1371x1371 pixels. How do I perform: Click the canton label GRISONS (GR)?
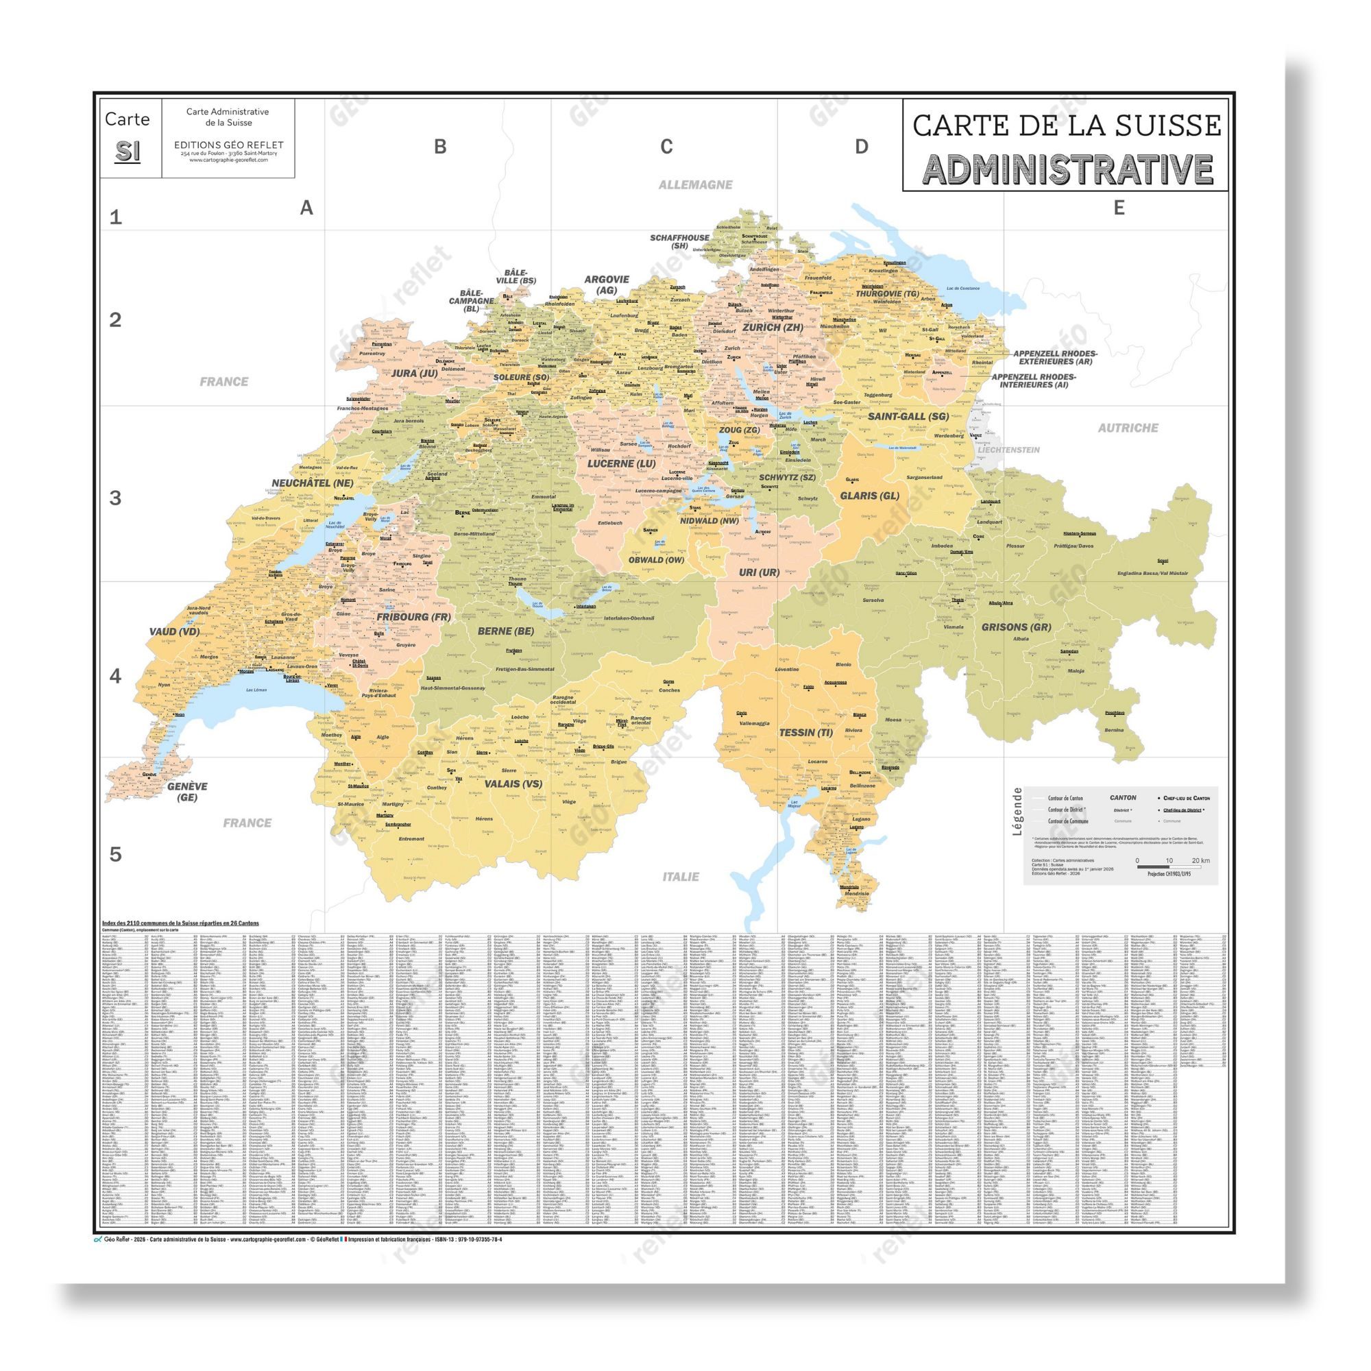click(x=1015, y=627)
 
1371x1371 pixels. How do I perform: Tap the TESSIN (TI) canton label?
click(x=805, y=732)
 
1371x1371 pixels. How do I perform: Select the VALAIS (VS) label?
click(x=513, y=784)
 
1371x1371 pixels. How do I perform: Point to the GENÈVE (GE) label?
click(x=187, y=791)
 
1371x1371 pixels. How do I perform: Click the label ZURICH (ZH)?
click(x=772, y=327)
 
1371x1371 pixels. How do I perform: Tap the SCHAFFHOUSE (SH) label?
click(x=680, y=241)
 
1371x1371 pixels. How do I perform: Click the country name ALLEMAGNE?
click(x=694, y=184)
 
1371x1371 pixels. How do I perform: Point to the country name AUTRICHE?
click(x=1128, y=428)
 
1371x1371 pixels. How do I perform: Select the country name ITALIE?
click(x=681, y=876)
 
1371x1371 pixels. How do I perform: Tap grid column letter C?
click(x=666, y=146)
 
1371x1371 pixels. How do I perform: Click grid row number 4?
click(x=116, y=676)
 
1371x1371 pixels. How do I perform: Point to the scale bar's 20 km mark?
click(x=1201, y=861)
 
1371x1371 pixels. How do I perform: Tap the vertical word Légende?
click(x=1017, y=811)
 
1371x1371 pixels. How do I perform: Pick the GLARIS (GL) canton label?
click(x=869, y=496)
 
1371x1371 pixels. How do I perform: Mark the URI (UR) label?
click(x=759, y=572)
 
